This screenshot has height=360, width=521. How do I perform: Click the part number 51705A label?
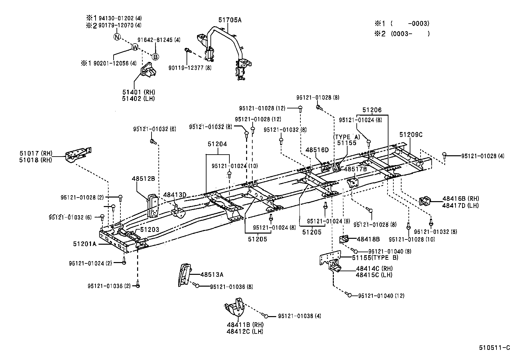[x=230, y=20]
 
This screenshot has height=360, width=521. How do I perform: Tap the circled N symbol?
[x=117, y=37]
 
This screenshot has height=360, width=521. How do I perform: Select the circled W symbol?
[x=135, y=47]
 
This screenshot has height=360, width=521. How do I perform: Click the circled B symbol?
[x=155, y=57]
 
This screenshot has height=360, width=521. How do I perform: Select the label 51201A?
[x=84, y=244]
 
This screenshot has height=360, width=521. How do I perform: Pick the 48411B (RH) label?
[x=245, y=325]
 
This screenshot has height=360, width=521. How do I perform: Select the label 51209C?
[x=411, y=134]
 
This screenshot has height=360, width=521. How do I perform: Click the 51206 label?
[x=372, y=110]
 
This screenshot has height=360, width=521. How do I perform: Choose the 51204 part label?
[x=217, y=144]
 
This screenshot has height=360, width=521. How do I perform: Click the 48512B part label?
[x=143, y=179]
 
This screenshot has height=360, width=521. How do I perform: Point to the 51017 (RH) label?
[x=36, y=153]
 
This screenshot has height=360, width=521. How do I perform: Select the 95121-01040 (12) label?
[x=381, y=296]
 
